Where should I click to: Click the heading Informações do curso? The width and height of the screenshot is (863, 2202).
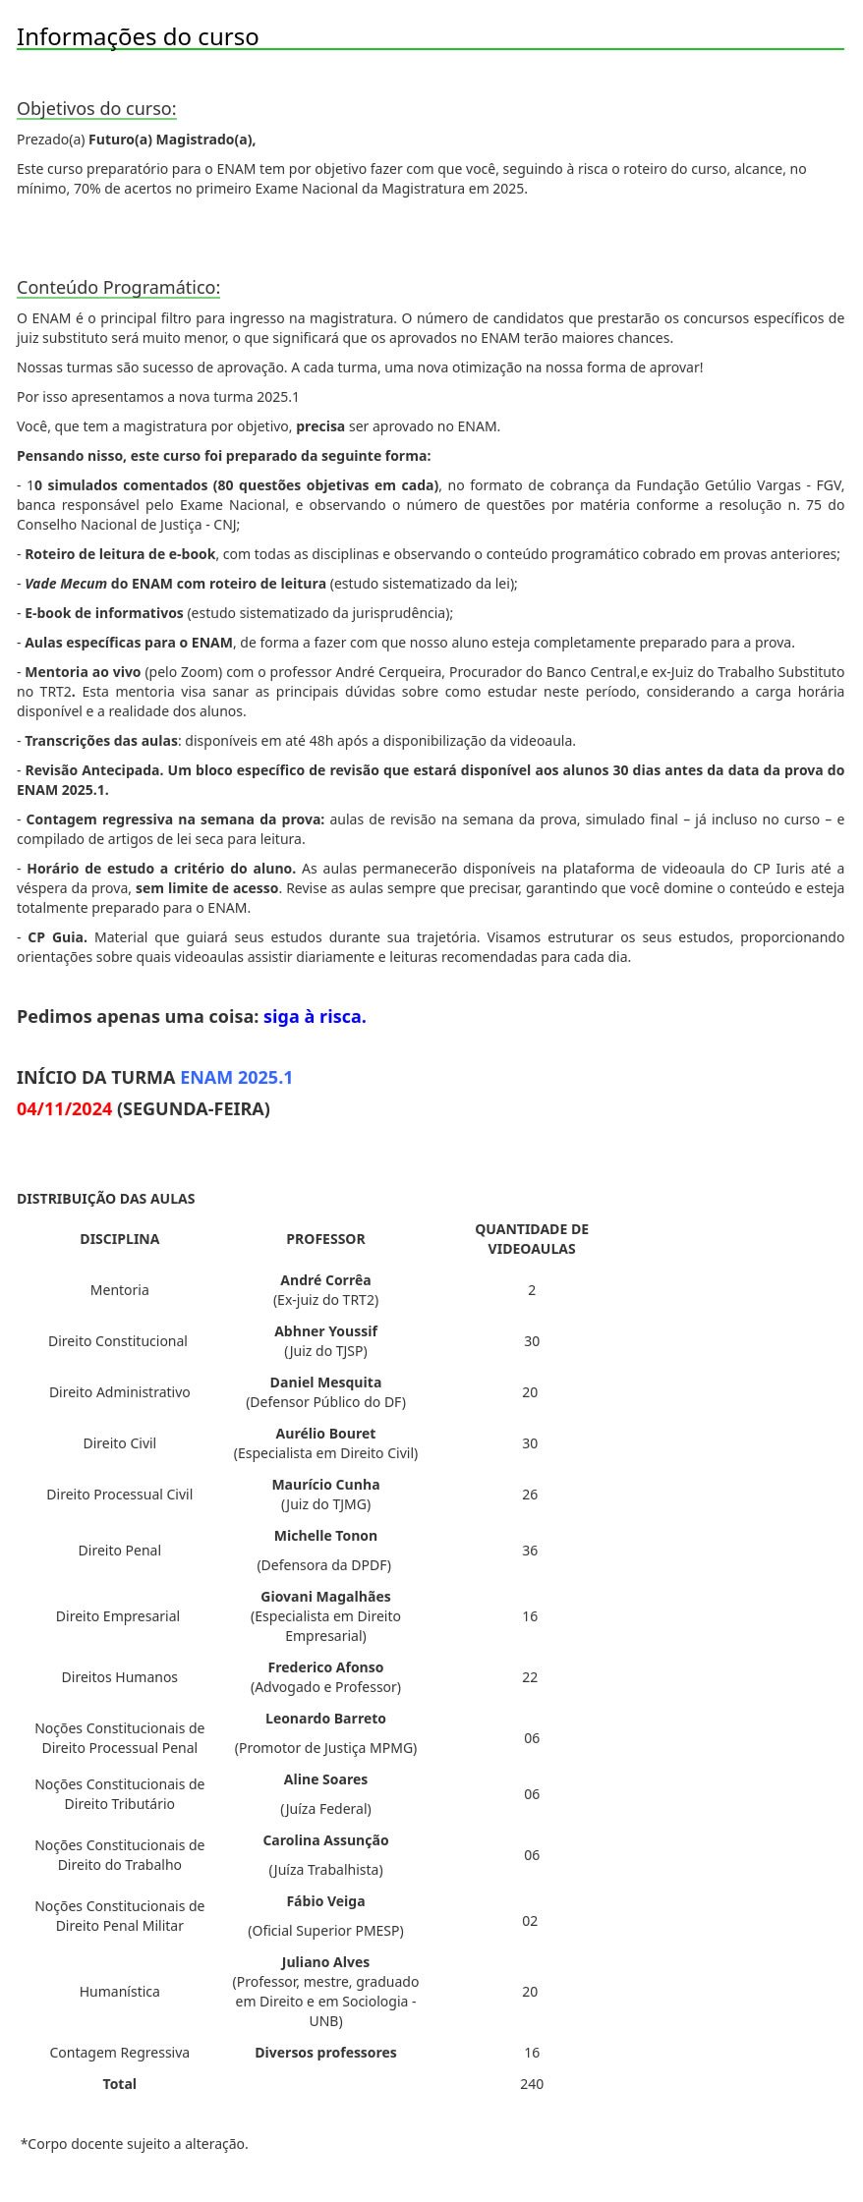138,37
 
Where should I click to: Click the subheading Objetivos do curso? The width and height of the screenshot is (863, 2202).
96,109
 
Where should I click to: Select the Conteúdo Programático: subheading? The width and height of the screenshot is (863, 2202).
118,288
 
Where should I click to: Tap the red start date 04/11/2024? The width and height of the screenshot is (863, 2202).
64,1109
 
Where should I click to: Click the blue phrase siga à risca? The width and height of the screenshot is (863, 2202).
315,1017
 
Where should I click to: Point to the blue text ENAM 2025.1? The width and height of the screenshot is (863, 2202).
236,1078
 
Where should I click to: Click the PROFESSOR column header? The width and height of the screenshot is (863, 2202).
325,1239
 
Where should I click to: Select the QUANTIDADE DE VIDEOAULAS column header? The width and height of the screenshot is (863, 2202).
532,1239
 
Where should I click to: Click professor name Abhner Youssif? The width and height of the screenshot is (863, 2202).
325,1331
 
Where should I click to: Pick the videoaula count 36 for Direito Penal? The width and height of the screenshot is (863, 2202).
530,1551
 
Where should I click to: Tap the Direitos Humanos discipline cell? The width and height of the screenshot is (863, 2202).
120,1677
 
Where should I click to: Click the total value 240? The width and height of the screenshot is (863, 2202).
532,2084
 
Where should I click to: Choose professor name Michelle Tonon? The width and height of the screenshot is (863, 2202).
325,1536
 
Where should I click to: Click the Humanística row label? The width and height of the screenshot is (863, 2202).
120,1992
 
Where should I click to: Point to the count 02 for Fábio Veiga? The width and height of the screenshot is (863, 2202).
530,1921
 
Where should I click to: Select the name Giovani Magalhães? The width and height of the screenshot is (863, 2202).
325,1597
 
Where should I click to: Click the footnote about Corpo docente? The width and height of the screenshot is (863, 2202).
135,2144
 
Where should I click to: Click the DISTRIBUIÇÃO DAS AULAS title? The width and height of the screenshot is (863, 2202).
105,1199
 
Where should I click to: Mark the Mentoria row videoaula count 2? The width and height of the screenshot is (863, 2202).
532,1290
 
